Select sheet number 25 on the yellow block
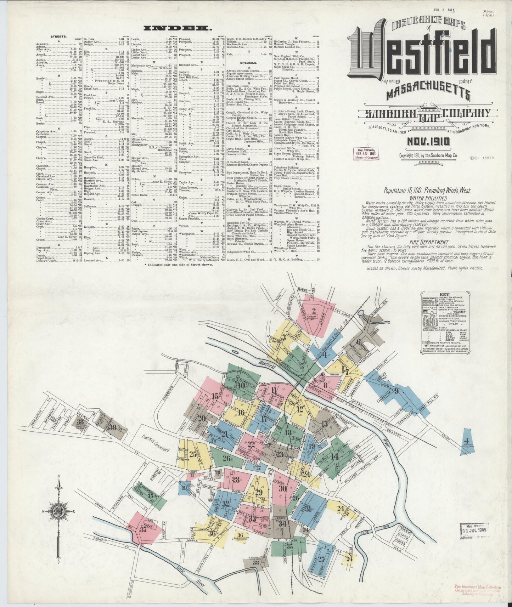(x=193, y=454)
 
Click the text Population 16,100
(x=403, y=191)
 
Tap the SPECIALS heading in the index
(x=238, y=62)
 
